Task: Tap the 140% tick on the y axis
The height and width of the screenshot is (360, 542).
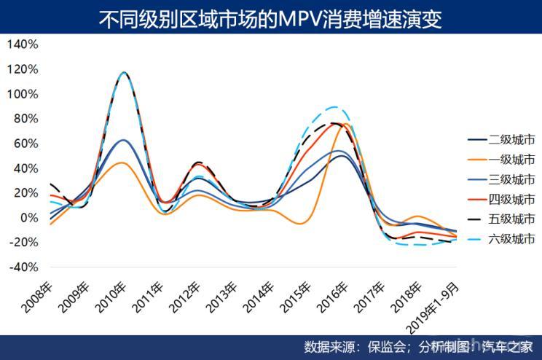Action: tap(23, 44)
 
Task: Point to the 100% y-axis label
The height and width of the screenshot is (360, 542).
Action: tap(23, 94)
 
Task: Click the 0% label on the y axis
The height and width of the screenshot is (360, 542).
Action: tap(28, 218)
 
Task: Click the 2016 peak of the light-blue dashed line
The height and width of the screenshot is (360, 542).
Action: tap(334, 107)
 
